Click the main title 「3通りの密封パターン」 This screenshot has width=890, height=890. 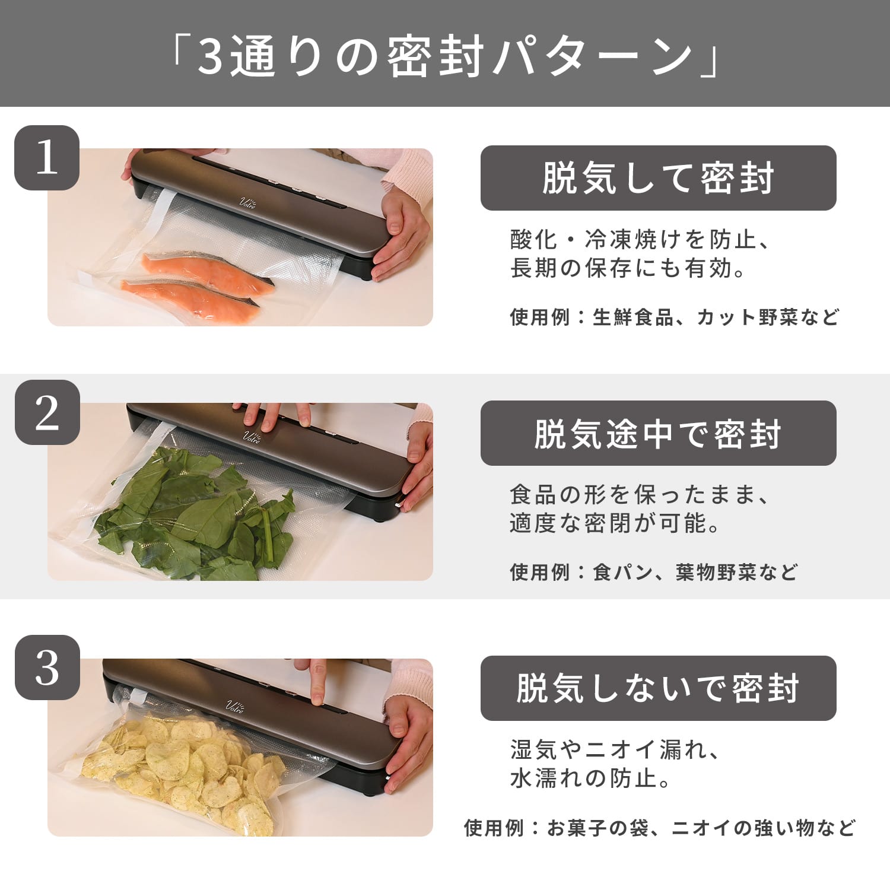[445, 56]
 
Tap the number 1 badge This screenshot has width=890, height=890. [47, 158]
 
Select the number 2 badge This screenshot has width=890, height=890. [47, 412]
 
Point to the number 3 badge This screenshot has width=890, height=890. [47, 667]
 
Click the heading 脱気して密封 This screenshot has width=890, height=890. [658, 178]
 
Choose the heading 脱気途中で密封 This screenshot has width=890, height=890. [658, 433]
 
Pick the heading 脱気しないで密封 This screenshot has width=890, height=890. [658, 688]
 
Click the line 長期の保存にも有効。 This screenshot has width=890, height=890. [628, 269]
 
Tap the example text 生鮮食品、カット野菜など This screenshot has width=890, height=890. [716, 317]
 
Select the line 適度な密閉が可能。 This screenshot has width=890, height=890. [615, 523]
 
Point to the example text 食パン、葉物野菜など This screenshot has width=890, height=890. [695, 573]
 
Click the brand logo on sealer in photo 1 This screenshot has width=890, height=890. [247, 202]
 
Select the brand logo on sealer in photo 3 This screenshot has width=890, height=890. [234, 705]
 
